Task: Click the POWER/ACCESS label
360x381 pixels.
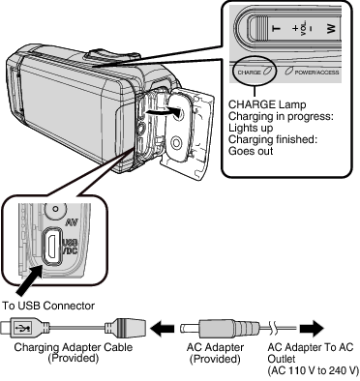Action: (x=321, y=71)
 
